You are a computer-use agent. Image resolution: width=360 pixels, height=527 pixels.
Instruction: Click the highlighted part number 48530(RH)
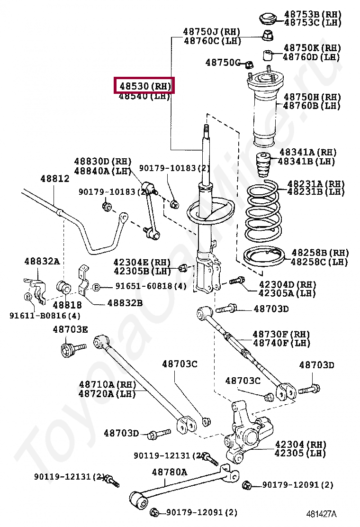[144, 86]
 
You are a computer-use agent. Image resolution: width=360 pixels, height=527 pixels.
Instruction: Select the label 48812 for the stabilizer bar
[54, 179]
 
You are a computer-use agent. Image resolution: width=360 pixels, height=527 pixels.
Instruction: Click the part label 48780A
[169, 472]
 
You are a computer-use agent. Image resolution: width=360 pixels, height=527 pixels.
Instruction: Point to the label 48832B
[125, 302]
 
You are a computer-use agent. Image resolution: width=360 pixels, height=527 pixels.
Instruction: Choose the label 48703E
[70, 329]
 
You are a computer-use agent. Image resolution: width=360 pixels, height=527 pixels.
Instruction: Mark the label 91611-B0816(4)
[45, 315]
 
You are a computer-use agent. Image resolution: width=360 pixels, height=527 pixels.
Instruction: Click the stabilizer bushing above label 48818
[63, 287]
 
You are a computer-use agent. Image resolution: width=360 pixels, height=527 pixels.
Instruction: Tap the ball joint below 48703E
[70, 351]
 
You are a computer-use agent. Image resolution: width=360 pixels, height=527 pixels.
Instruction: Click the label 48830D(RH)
[103, 162]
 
